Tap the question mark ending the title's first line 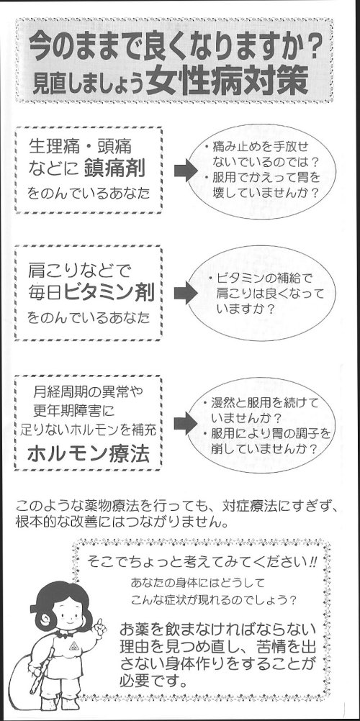coord(312,49)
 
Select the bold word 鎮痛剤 coord(114,170)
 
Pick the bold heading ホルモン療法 coord(89,454)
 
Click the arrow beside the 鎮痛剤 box coord(186,171)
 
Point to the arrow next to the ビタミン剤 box coord(186,293)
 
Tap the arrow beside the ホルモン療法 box coord(186,423)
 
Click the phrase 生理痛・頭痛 coord(80,147)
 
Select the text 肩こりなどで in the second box coord(79,268)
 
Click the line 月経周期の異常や coord(88,392)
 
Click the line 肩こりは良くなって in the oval coord(270,294)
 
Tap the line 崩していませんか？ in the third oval coord(265,449)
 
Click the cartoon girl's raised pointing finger coord(99,623)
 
